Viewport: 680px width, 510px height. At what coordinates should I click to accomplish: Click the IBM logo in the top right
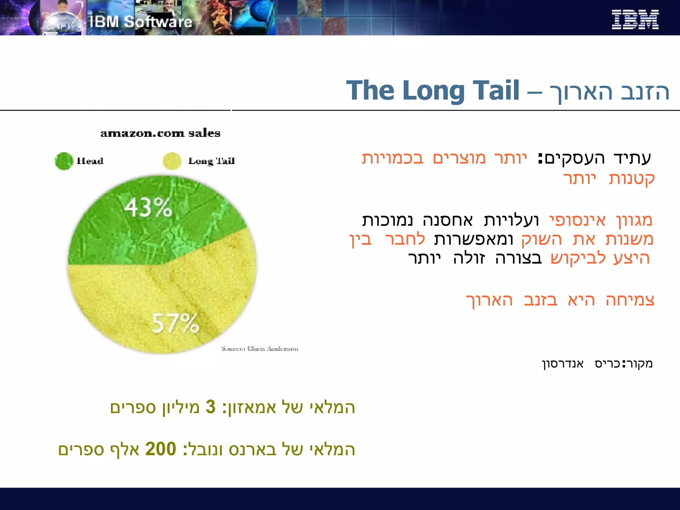(635, 20)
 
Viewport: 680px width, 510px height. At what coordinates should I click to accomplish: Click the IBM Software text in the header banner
(141, 22)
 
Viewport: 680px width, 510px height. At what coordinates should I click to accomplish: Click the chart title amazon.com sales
(160, 133)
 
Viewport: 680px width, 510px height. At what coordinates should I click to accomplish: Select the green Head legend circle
(64, 161)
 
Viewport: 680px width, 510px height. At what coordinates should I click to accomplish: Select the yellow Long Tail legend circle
(172, 161)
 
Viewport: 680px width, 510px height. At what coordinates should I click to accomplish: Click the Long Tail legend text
(211, 161)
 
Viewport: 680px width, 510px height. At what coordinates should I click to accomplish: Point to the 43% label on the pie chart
(148, 208)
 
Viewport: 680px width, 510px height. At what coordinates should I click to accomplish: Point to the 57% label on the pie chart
(175, 323)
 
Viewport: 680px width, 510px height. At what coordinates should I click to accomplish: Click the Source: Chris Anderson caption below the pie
(260, 349)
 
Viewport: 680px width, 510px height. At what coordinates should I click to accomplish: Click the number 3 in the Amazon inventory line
(211, 407)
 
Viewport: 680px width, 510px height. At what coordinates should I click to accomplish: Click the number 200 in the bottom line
(161, 449)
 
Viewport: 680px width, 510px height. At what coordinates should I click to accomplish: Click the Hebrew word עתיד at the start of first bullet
(633, 158)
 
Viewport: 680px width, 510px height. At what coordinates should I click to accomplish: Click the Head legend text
(90, 161)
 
